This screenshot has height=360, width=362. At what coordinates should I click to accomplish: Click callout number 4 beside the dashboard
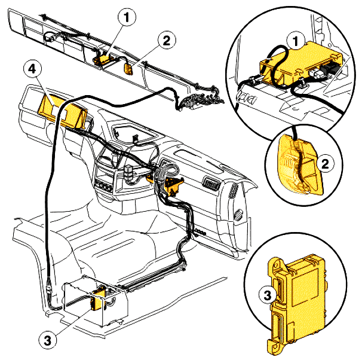pyautogui.click(x=34, y=70)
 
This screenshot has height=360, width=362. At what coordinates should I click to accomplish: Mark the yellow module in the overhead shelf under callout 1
pyautogui.click(x=106, y=58)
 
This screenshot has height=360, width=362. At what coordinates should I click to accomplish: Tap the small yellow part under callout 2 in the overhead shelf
pyautogui.click(x=128, y=67)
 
